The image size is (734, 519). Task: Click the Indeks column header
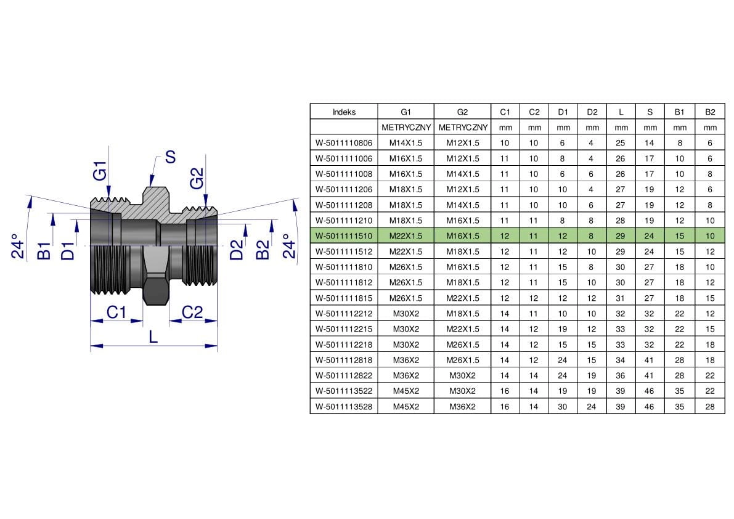(344, 112)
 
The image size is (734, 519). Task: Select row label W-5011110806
(344, 143)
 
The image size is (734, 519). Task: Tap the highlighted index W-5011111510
(344, 236)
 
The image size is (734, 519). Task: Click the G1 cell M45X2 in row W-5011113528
(406, 407)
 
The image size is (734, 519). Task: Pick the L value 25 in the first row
(620, 143)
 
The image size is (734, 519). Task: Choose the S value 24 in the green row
(649, 236)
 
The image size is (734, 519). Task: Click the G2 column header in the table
(462, 112)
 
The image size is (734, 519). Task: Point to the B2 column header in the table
(710, 112)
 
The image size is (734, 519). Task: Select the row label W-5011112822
(344, 375)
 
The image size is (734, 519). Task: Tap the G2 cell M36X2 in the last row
(462, 407)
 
